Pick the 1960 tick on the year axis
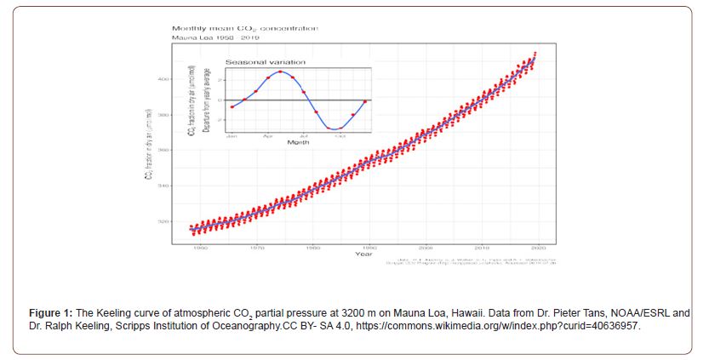click(x=201, y=246)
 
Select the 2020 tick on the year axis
click(x=538, y=246)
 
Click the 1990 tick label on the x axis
click(x=369, y=246)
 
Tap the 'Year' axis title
click(x=363, y=254)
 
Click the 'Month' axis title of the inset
click(x=298, y=142)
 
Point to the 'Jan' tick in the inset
click(x=231, y=135)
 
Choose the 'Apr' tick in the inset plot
click(x=267, y=135)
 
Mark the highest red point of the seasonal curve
click(x=281, y=71)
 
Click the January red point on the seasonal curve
click(x=232, y=106)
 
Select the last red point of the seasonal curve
click(x=365, y=101)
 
